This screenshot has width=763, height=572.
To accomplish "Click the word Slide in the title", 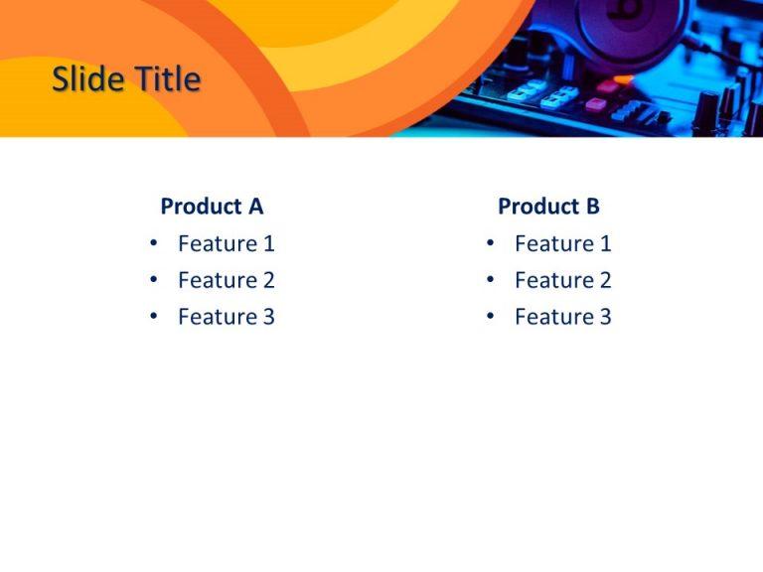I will point(83,78).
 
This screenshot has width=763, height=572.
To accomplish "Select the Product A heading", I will point(212,207).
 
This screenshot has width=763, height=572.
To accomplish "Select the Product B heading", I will point(548,207).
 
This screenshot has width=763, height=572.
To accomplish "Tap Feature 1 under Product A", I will point(226,243).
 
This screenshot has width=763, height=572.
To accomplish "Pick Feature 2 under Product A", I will point(226,280).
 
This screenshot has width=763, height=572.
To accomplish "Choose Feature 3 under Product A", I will point(226,317).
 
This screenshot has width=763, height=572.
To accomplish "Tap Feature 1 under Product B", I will point(562,243).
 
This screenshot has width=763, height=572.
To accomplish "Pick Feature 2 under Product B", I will point(562,280).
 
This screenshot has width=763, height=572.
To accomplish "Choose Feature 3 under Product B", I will point(562,317).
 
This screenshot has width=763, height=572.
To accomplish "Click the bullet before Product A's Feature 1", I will point(153,243).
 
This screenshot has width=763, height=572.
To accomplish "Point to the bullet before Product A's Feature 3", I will point(153,317).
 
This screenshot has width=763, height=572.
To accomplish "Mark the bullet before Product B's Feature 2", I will point(490,280).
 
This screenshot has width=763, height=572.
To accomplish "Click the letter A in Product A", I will point(255,207).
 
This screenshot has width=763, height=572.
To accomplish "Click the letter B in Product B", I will point(592,207).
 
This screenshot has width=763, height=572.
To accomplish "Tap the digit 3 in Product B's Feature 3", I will point(605,317).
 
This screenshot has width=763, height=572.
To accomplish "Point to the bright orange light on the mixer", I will point(623,78).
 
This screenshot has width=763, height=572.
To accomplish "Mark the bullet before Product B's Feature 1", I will point(490,243).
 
